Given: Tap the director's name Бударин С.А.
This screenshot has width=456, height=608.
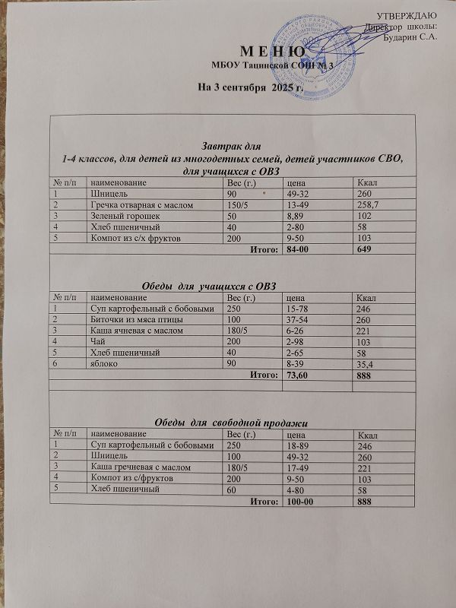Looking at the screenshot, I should (x=410, y=38).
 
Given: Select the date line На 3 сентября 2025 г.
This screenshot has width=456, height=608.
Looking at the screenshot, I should (x=239, y=87).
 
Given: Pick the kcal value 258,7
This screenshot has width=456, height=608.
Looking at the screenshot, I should (x=369, y=205).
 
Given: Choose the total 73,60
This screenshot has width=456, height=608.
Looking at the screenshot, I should (x=293, y=375).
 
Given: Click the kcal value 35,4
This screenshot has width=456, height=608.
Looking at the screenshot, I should (x=368, y=364).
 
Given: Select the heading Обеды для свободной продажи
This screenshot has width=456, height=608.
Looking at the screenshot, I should (x=235, y=421).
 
